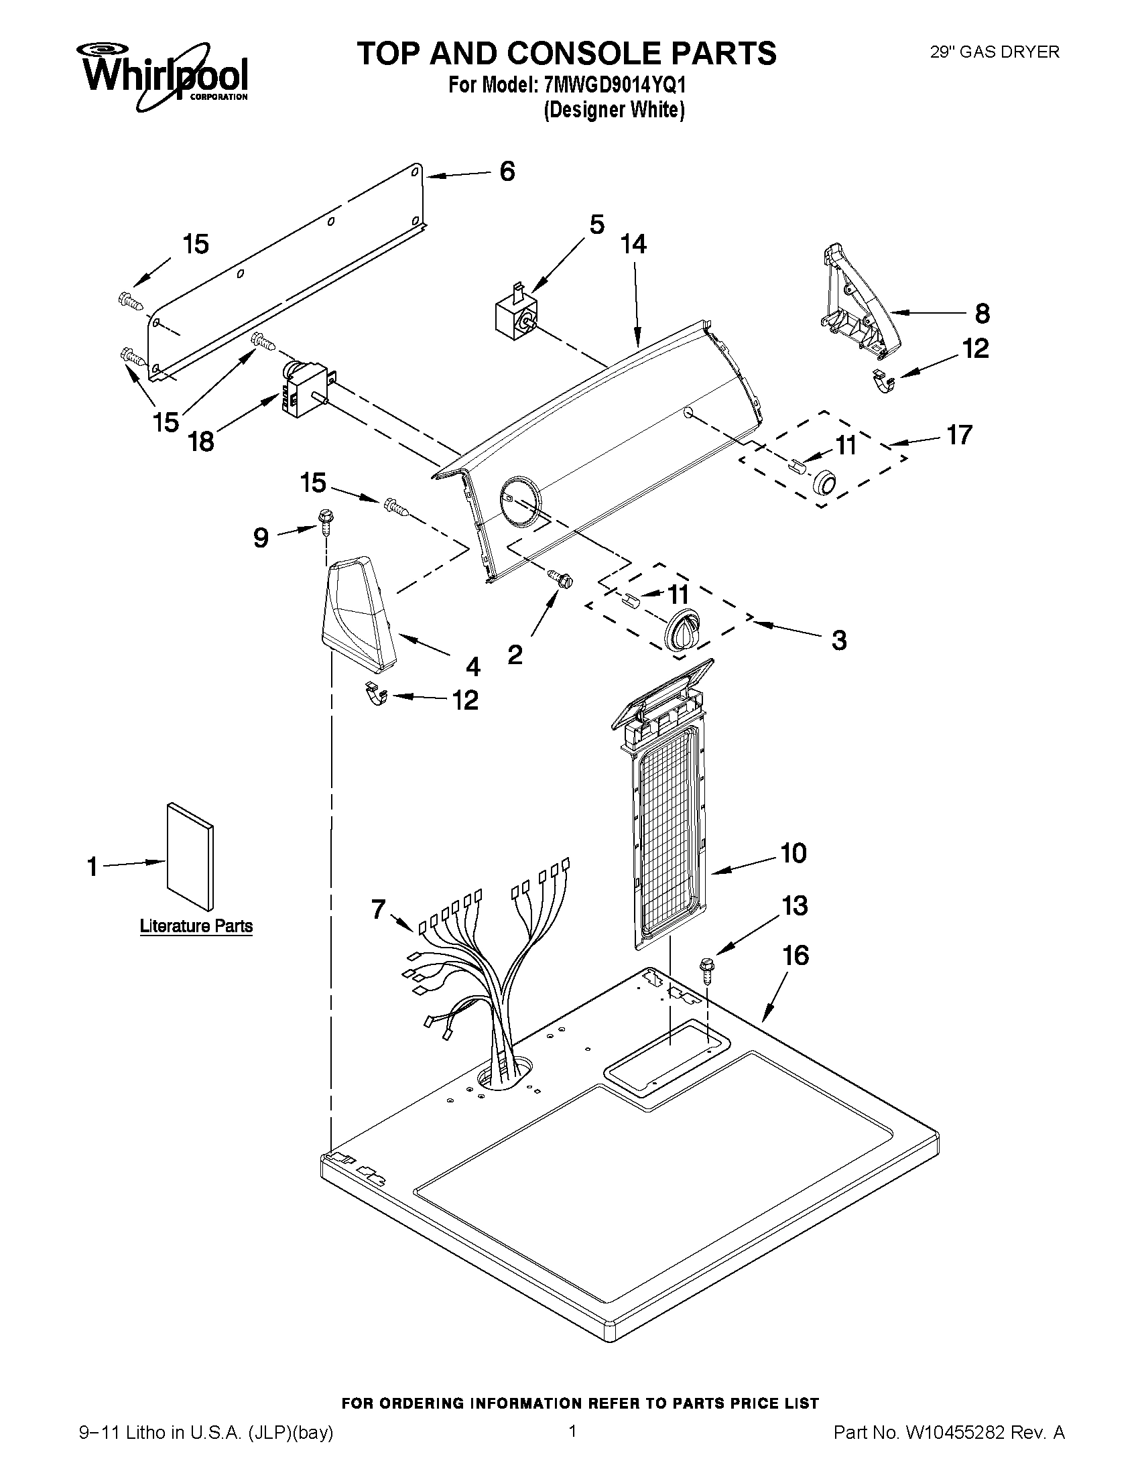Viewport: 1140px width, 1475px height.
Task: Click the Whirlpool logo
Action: pyautogui.click(x=164, y=75)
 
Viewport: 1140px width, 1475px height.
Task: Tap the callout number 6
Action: pyautogui.click(x=507, y=172)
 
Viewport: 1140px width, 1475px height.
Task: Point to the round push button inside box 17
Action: pyautogui.click(x=823, y=481)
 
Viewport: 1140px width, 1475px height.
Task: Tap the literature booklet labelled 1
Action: pyautogui.click(x=190, y=856)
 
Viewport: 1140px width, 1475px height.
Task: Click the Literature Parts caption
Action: pyautogui.click(x=196, y=926)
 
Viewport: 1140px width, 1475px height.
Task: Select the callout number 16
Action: pyautogui.click(x=796, y=955)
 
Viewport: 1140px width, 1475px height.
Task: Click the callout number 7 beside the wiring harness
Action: pyautogui.click(x=378, y=910)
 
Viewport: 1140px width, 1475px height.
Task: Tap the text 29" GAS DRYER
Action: pyautogui.click(x=994, y=52)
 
